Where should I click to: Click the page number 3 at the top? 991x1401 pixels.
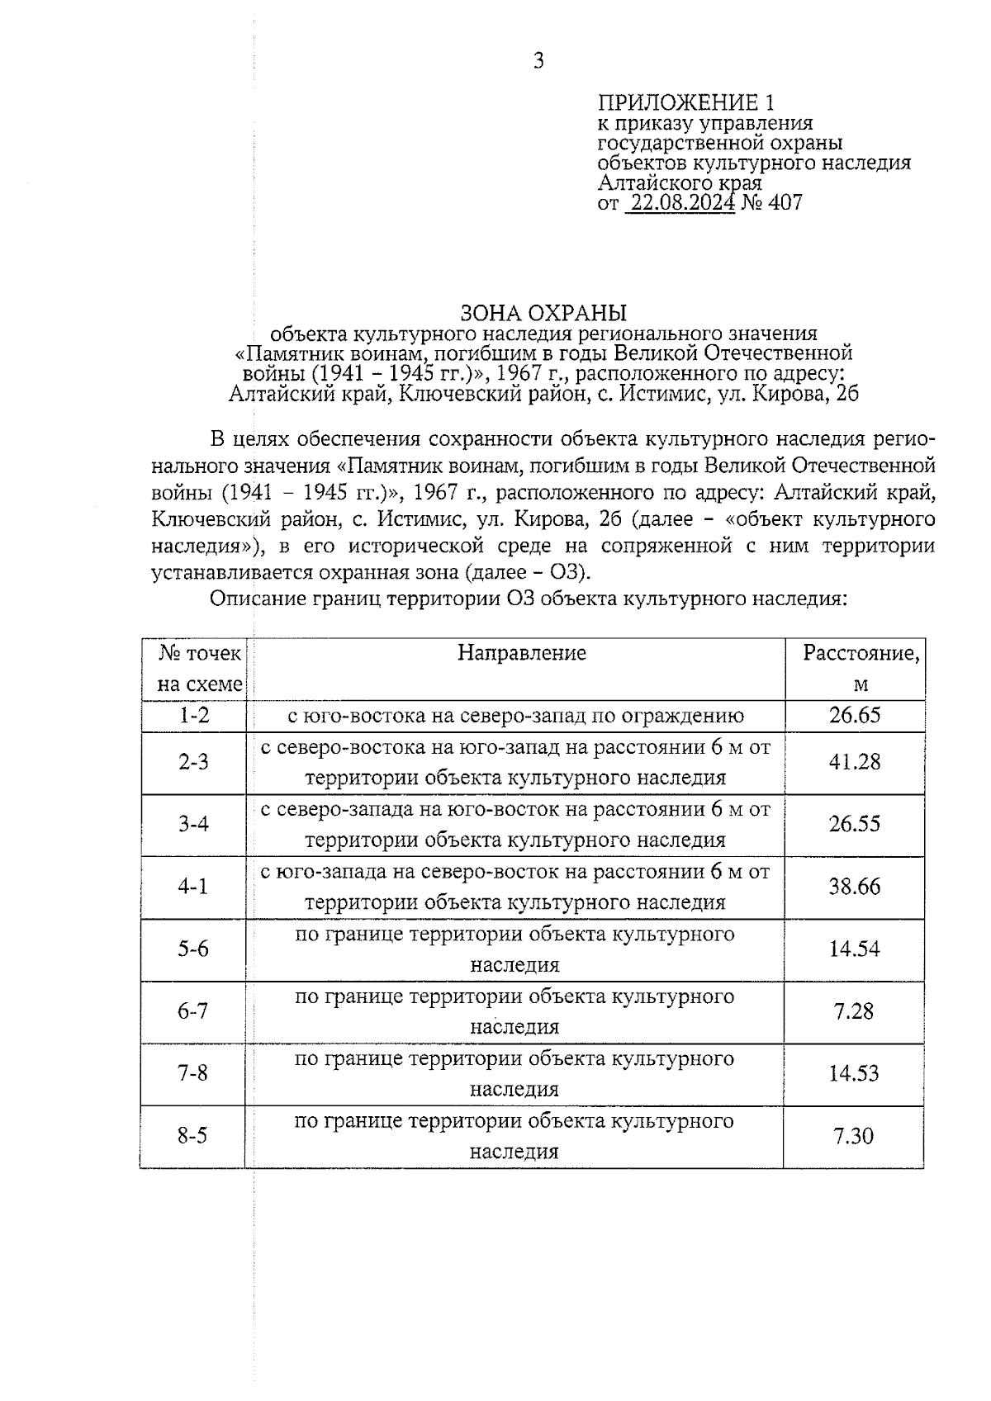tap(538, 61)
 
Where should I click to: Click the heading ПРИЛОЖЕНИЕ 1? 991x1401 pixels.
tap(686, 103)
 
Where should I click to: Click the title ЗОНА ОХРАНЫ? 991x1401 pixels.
tap(543, 313)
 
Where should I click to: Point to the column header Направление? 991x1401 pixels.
tap(522, 653)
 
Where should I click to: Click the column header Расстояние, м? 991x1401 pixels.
tap(861, 669)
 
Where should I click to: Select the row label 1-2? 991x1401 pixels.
tap(194, 715)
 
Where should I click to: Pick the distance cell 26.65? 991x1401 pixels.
tap(855, 715)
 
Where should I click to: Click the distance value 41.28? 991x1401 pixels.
tap(855, 762)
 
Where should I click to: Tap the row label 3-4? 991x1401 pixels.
tap(194, 824)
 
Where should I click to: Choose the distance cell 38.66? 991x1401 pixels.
tap(855, 887)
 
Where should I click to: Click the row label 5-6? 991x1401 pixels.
tap(194, 949)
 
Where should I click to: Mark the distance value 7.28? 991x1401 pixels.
tap(853, 1011)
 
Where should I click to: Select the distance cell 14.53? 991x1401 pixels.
tap(855, 1073)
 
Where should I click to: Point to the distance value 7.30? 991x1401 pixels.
tap(853, 1136)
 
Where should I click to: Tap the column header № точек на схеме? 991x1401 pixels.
tap(201, 669)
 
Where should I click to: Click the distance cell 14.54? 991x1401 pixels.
tap(855, 949)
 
